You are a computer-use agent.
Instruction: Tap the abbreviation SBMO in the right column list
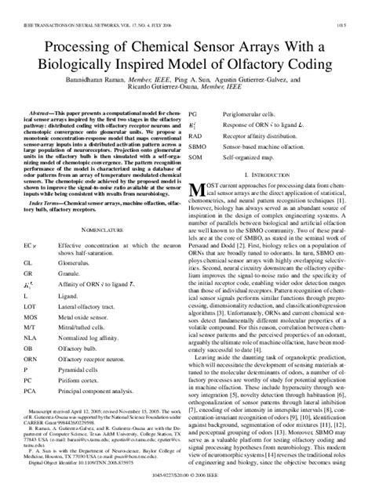(202, 145)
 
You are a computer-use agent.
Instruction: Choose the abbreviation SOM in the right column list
(200, 157)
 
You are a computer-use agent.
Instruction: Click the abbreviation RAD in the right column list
(199, 134)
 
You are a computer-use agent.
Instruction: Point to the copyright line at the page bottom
(185, 486)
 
